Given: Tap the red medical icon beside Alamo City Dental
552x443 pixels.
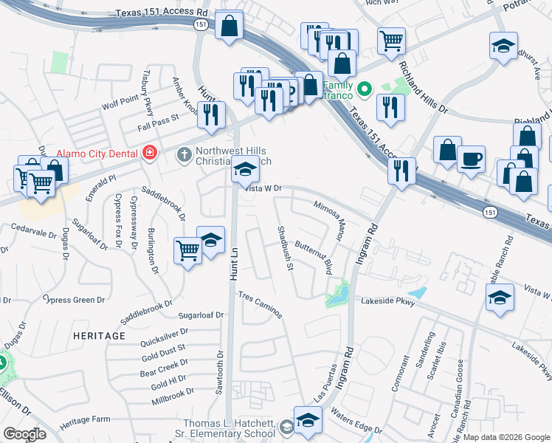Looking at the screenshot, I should [150, 153].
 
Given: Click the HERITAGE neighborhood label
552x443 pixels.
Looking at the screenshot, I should [100, 336].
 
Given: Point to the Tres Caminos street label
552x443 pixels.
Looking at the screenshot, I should [260, 305].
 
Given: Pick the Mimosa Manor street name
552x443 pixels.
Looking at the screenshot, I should [329, 220].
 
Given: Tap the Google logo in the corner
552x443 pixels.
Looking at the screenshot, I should [24, 434].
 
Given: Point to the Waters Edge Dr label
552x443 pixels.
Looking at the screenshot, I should [356, 420].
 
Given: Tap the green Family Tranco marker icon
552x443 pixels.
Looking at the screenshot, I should [364, 89].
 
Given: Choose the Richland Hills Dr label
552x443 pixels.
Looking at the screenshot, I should [423, 87].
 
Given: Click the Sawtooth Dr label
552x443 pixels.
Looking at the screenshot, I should [220, 373].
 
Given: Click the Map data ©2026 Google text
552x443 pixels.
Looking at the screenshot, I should [506, 437].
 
